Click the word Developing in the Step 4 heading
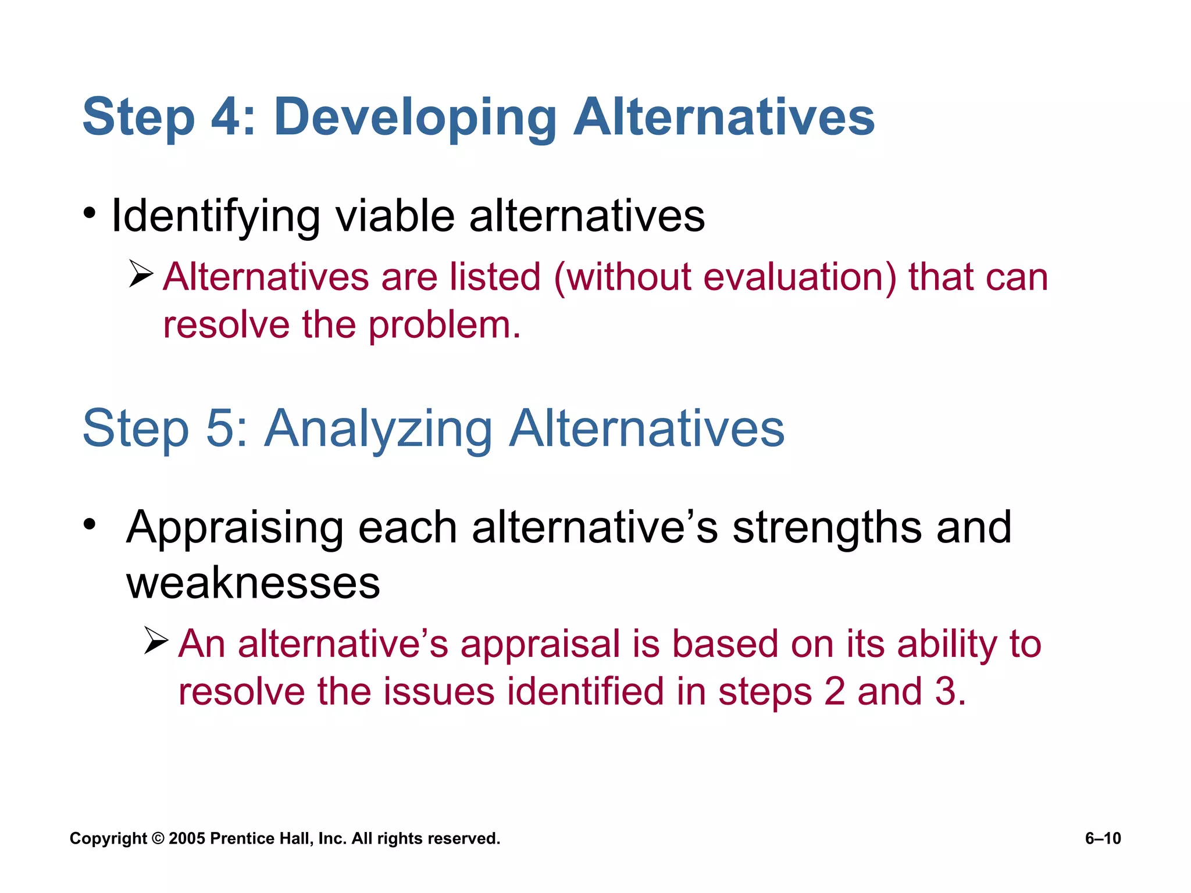pos(415,118)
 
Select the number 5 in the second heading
pos(220,429)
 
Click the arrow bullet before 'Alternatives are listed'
pos(141,273)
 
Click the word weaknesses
pos(253,583)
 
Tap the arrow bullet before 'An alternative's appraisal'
pos(156,641)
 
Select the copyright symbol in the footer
pos(158,838)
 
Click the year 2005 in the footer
pos(186,838)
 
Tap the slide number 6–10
pos(1103,838)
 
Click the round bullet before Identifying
pos(89,213)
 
